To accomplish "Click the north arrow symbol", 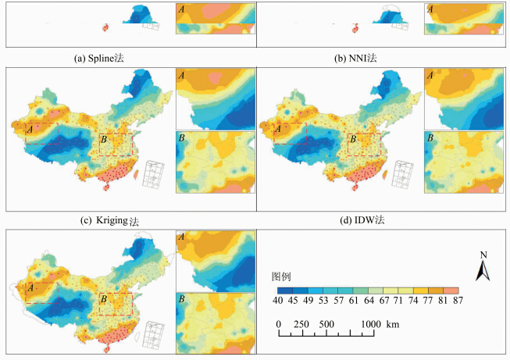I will (x=483, y=270).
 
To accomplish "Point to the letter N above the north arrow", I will (x=483, y=255).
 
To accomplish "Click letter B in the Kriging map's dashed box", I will (x=103, y=139).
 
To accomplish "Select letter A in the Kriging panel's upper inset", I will (x=182, y=76).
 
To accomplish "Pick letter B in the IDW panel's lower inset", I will (x=430, y=137).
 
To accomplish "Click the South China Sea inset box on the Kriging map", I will (x=152, y=176).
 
